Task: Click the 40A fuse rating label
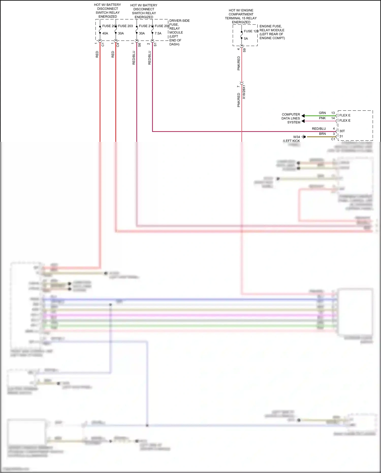pos(105,33)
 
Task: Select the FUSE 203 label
pos(125,26)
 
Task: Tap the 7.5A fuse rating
pos(158,33)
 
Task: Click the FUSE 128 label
pos(251,31)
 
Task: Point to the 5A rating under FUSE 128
pos(246,39)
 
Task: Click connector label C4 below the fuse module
pos(118,45)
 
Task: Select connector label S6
pos(139,45)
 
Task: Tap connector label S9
pos(244,50)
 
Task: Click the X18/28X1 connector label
pos(244,92)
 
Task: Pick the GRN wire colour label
pos(322,113)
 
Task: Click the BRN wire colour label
pos(322,134)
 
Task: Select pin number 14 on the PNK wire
pos(333,118)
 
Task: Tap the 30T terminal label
pos(342,131)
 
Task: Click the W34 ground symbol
pos(304,137)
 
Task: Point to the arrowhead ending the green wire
pos(303,116)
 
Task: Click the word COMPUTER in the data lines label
pos(291,114)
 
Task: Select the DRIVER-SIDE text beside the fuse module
pos(179,21)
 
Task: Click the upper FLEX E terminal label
pos(345,115)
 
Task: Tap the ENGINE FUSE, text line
pos(271,26)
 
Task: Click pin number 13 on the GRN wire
pos(333,113)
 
